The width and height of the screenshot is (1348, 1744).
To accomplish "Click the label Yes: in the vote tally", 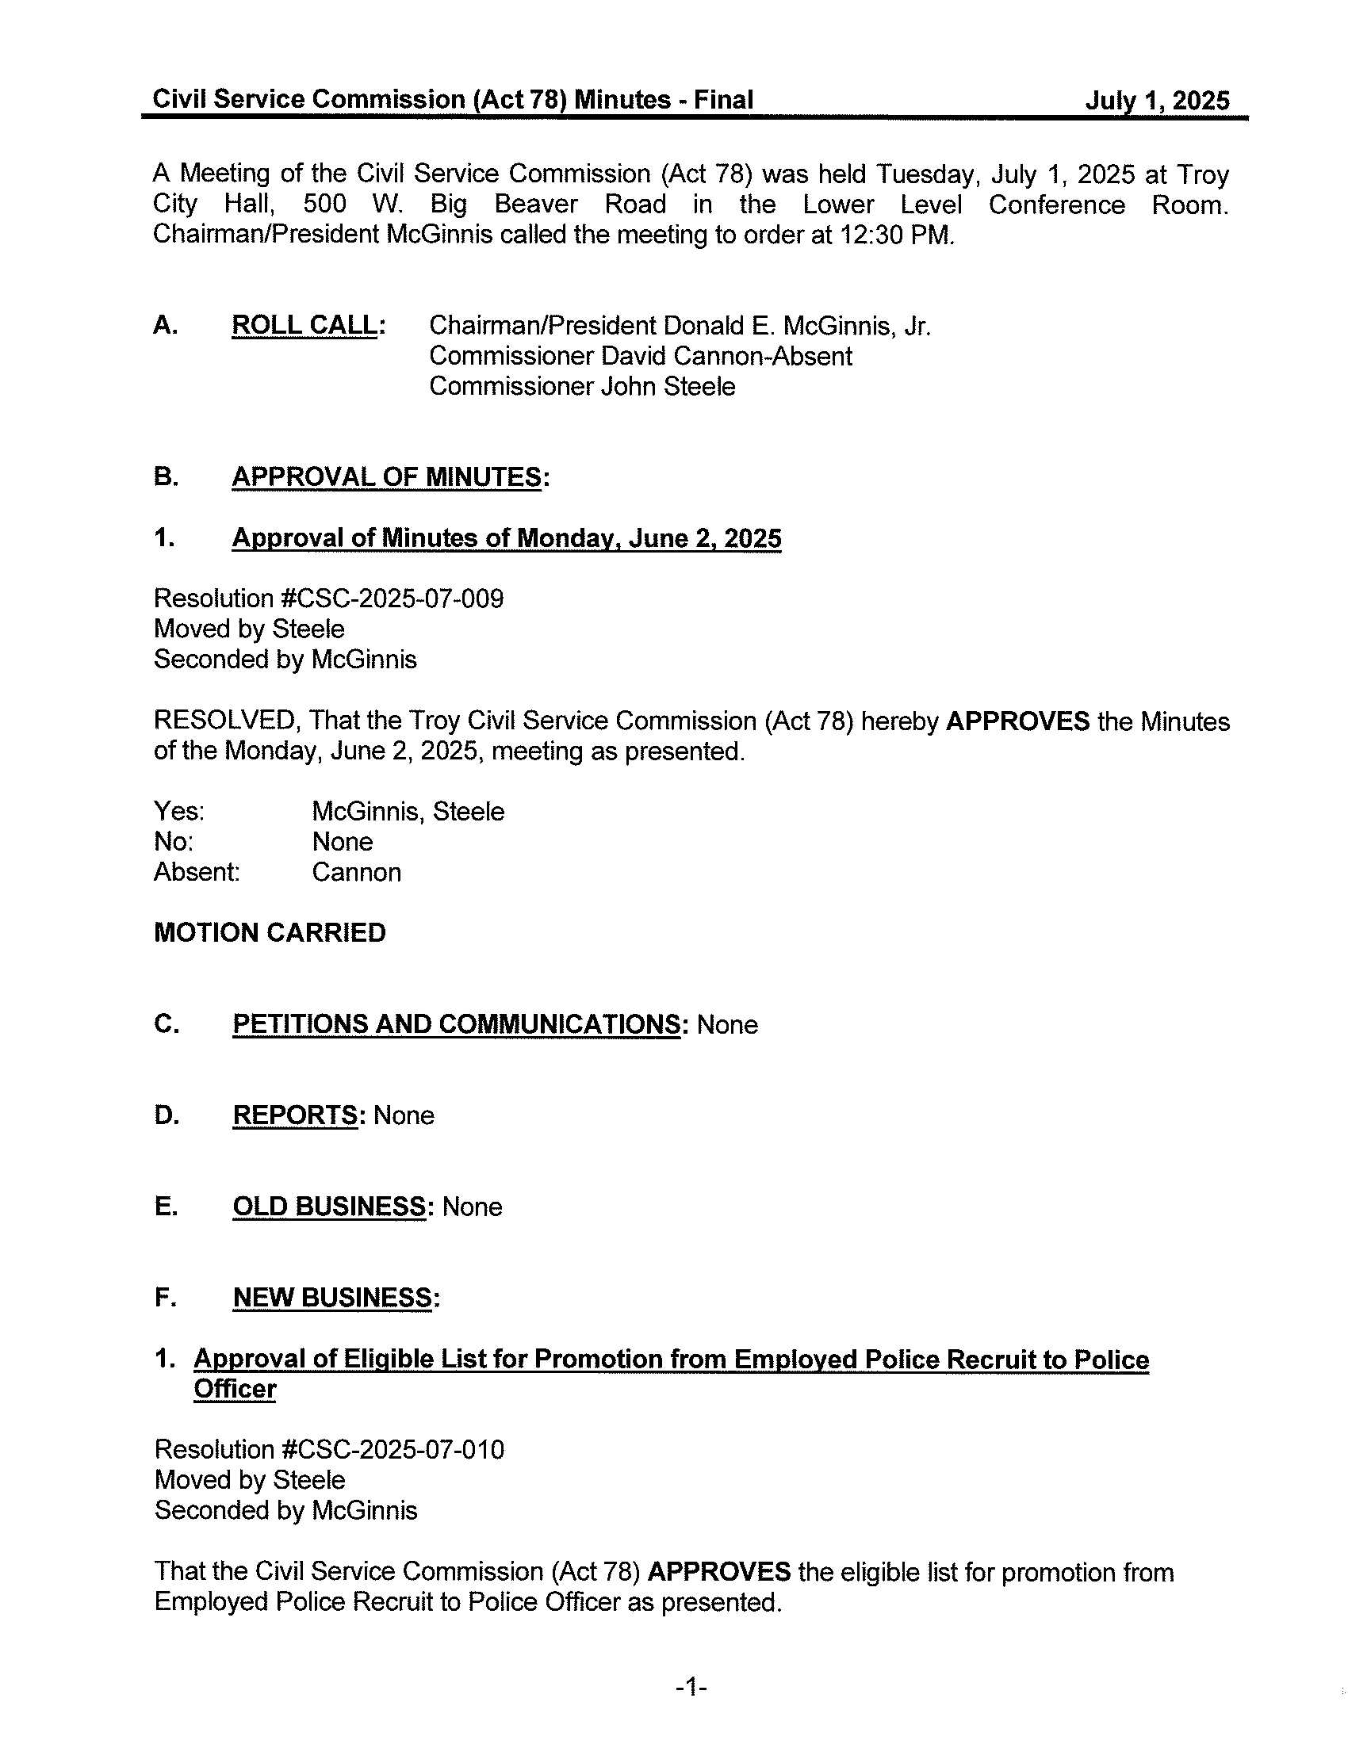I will click(179, 812).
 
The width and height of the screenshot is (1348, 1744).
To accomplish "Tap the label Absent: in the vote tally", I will click(197, 872).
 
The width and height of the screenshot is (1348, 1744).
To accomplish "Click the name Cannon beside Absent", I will click(356, 872).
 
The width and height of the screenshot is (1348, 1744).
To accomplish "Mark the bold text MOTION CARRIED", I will click(269, 933).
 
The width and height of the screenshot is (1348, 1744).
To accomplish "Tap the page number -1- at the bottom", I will click(691, 1687).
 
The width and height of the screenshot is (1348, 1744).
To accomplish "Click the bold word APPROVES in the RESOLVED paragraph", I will click(1017, 721).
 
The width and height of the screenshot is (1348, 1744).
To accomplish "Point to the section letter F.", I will click(164, 1298).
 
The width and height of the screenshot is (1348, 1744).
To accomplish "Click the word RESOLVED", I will click(226, 721).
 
